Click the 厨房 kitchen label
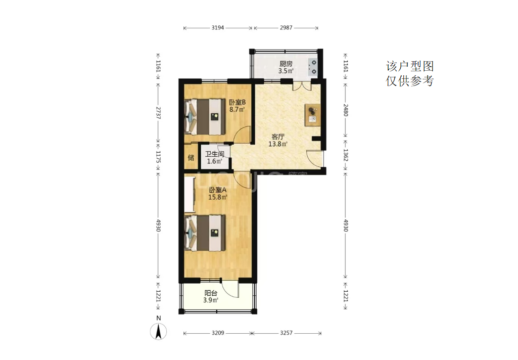286,64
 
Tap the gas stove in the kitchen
312,67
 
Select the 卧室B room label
237,102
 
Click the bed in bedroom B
205,117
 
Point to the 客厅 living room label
278,137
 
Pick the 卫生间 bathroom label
214,154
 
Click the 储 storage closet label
191,158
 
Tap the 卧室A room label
218,190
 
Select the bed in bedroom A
205,233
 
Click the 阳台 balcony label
211,293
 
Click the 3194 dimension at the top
218,28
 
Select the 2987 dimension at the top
286,28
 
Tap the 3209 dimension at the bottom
218,333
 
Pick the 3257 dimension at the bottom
286,333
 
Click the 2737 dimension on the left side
158,113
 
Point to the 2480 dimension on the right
346,110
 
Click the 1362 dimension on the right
346,155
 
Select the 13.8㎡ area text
278,144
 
